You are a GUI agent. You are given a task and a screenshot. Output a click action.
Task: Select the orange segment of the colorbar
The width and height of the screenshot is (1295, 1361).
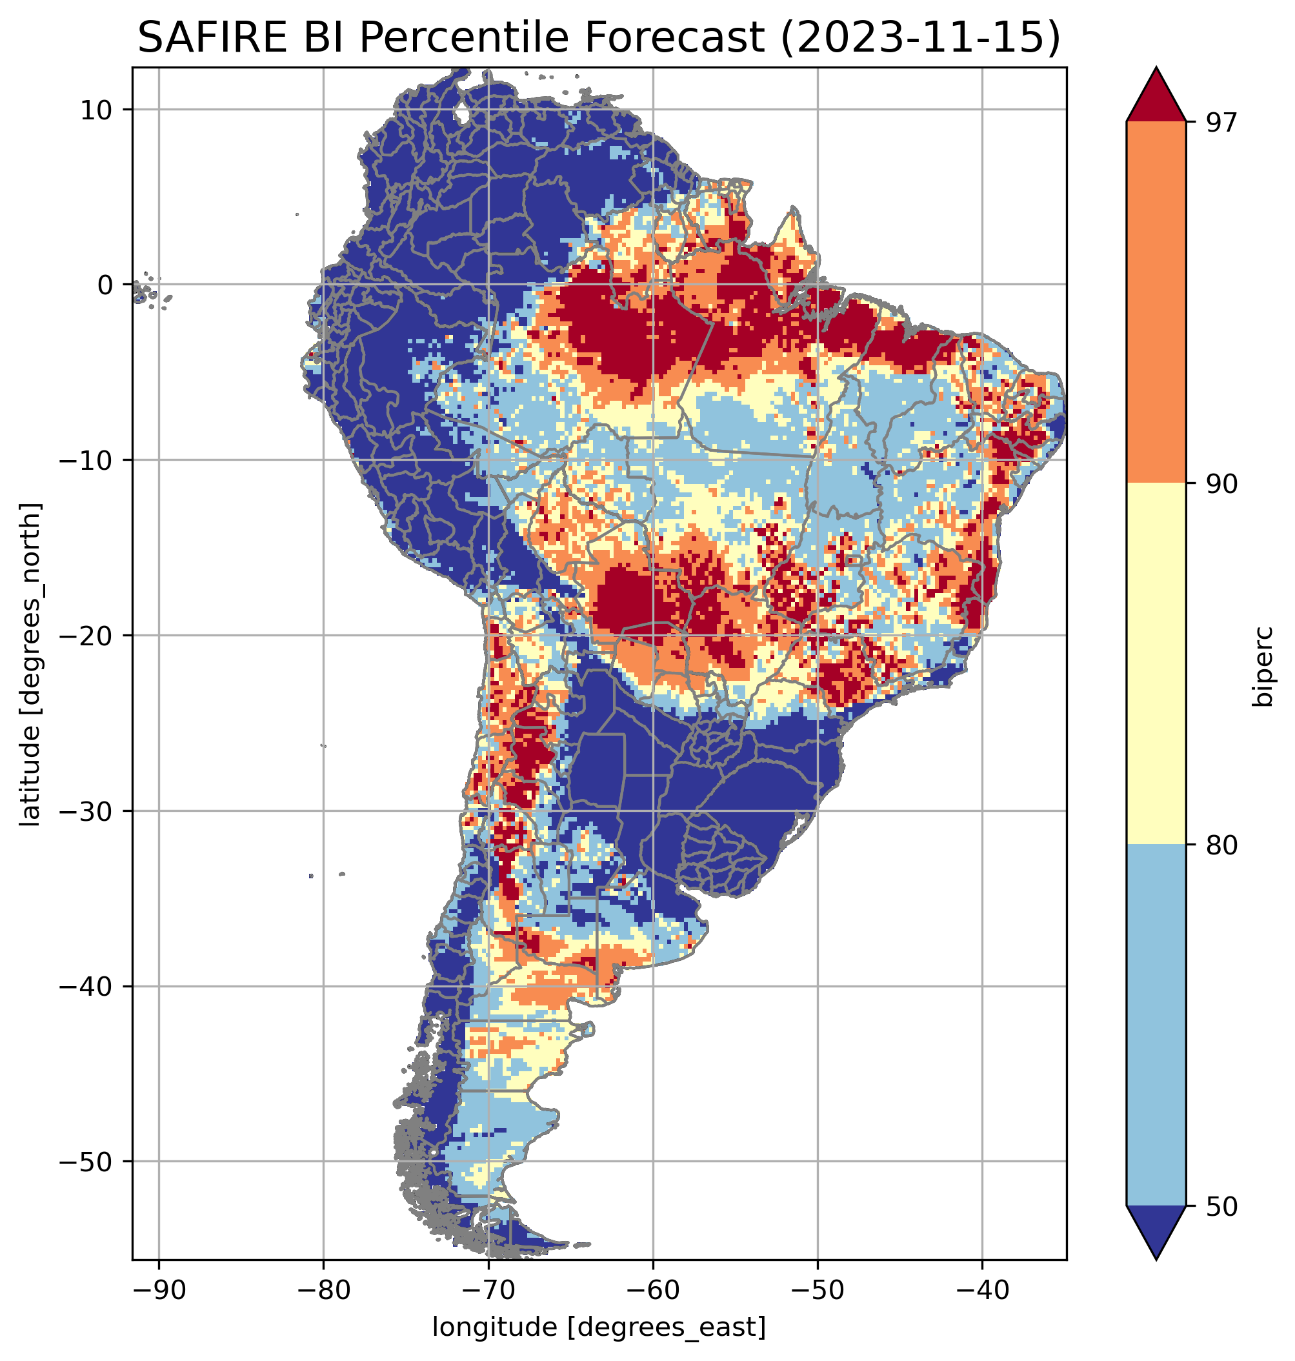(1156, 303)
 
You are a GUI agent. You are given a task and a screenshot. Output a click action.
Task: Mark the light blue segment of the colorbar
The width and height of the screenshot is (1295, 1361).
(1156, 1025)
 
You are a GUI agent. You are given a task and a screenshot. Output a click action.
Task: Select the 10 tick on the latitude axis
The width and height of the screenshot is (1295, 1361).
(97, 110)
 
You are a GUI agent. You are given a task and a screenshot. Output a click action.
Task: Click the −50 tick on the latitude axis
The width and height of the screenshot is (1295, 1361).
(88, 1162)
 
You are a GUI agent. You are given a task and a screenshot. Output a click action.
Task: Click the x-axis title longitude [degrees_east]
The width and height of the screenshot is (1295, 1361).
(599, 1327)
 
